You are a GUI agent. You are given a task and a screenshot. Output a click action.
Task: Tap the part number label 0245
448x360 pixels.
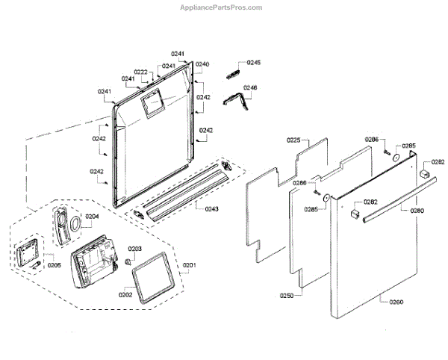254,63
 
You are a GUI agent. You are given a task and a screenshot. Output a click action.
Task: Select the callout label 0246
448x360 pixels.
250,87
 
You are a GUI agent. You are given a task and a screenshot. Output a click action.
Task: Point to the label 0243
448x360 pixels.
211,208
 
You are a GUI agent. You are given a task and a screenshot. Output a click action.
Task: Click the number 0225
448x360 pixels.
293,140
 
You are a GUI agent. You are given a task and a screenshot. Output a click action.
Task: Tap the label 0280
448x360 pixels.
417,211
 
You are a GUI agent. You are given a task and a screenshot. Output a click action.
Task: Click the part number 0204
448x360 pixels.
91,217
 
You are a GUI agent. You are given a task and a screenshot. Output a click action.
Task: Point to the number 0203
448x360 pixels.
135,249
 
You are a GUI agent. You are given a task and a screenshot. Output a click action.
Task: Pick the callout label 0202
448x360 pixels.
125,294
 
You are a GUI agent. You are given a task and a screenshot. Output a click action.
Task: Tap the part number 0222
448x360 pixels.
140,72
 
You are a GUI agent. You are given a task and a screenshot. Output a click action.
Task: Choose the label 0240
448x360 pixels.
202,64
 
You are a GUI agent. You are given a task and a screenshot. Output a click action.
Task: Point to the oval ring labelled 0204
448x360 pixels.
77,225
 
